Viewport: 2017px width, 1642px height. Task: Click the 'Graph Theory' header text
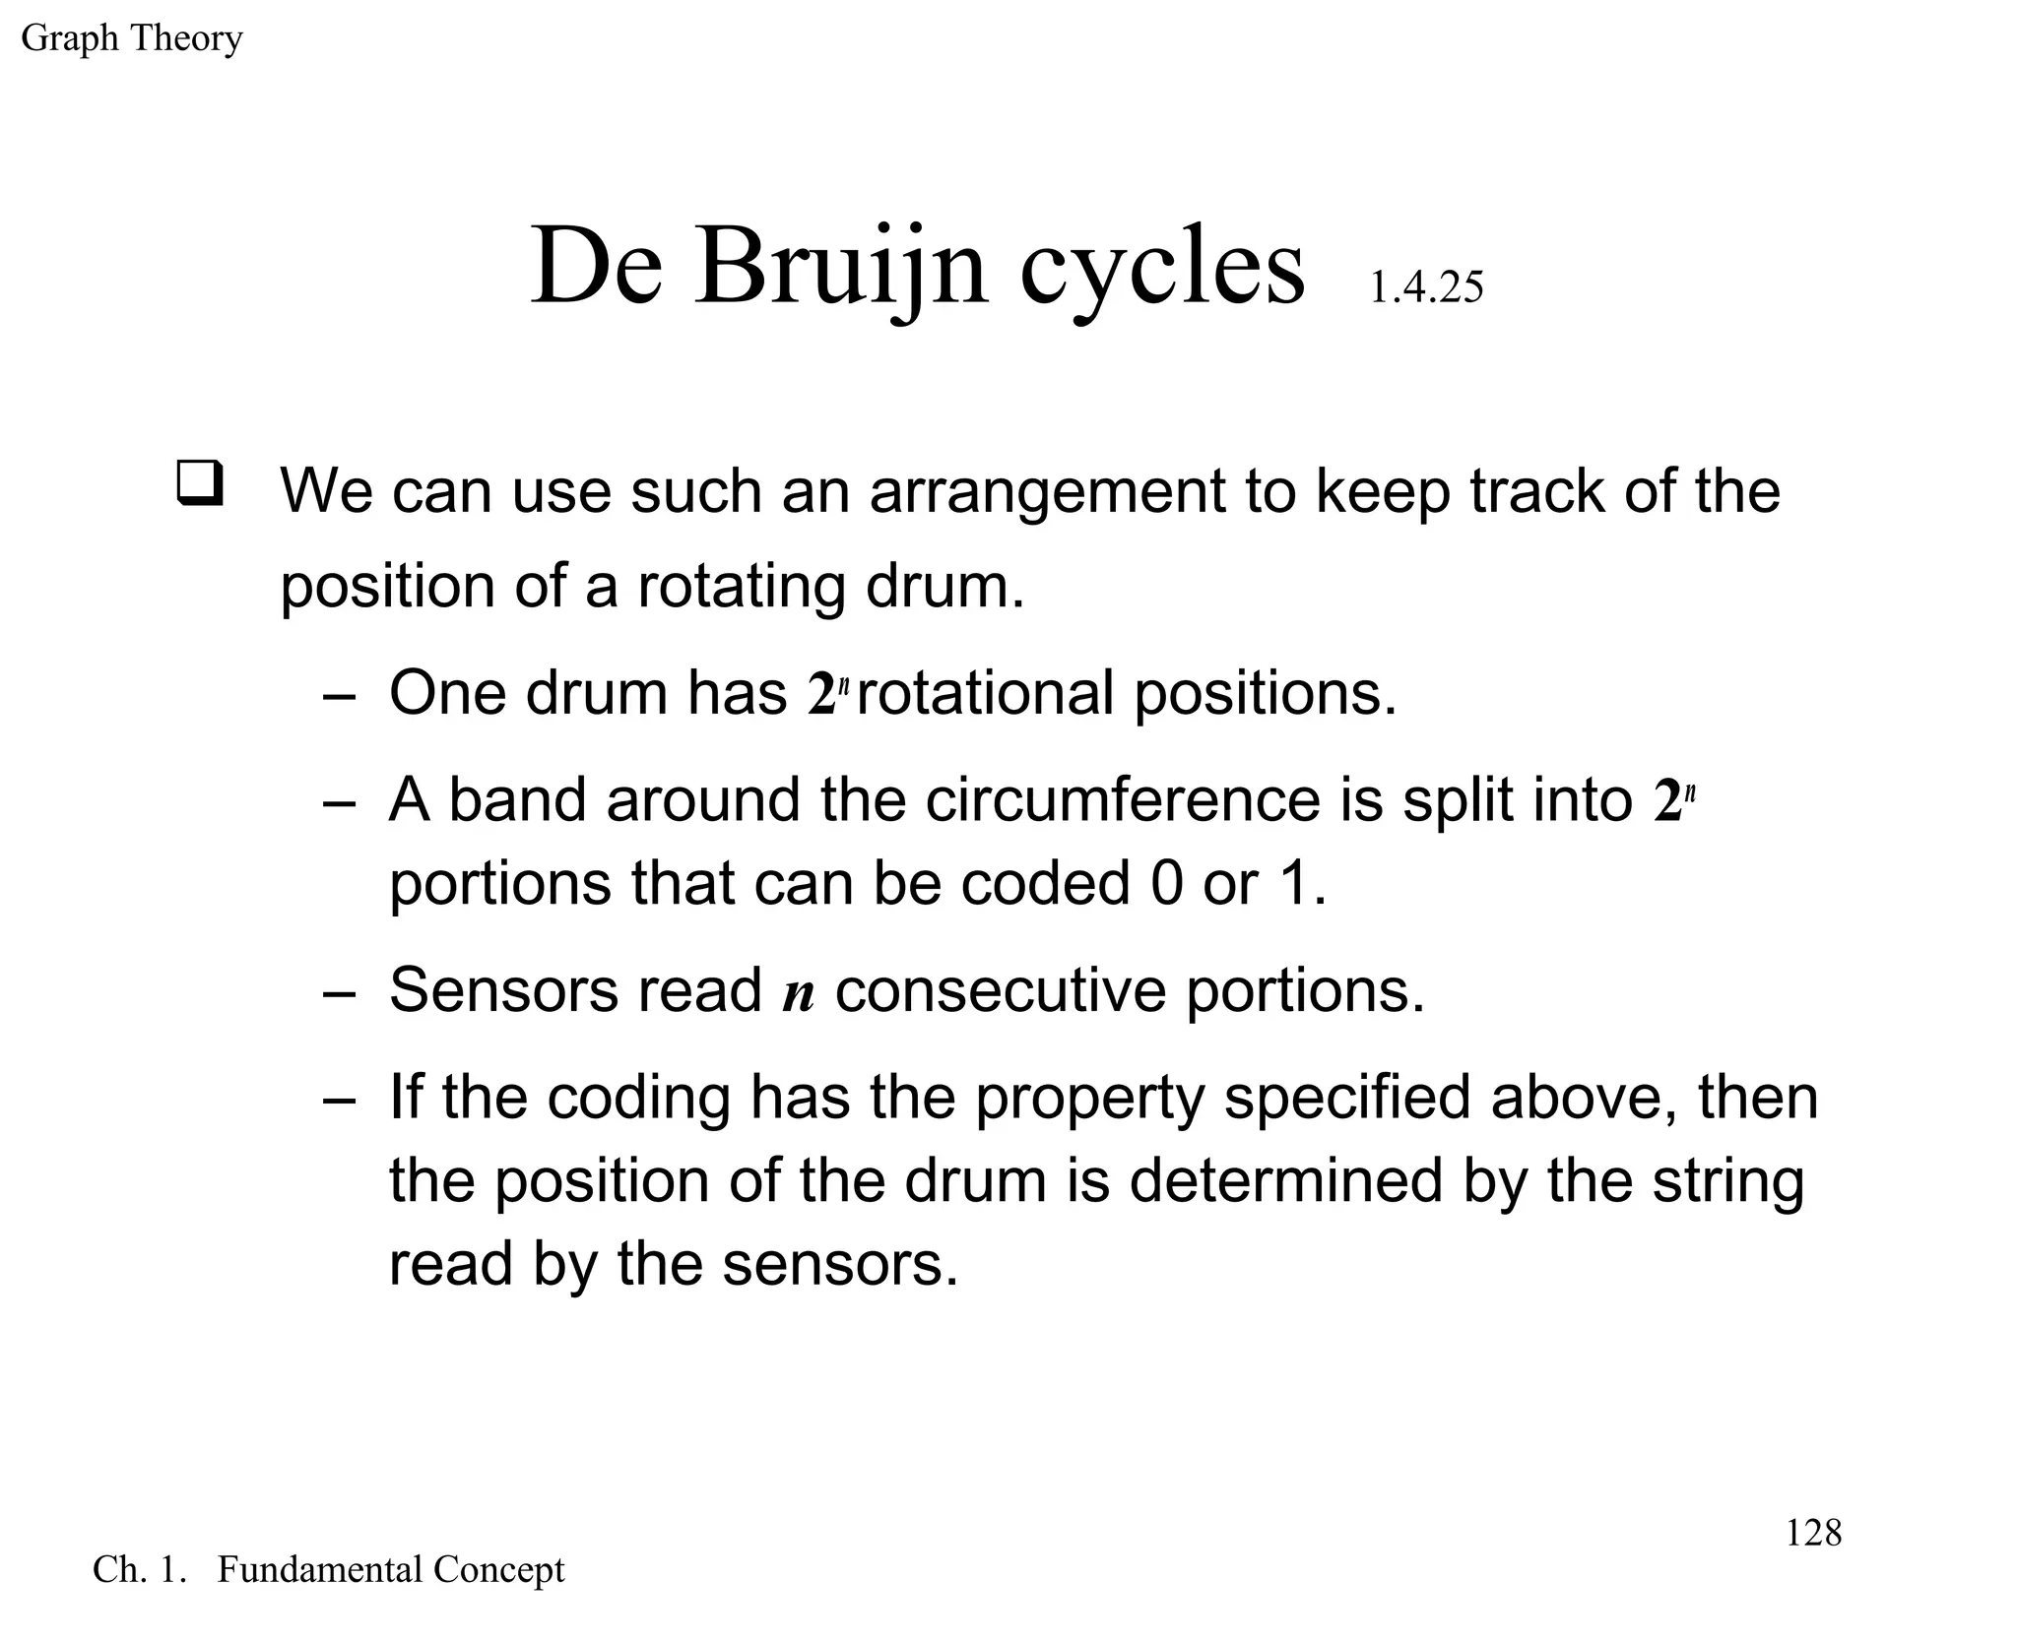point(131,38)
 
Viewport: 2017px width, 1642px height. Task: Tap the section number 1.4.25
point(1425,287)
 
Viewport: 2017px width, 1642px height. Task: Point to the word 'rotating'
point(741,586)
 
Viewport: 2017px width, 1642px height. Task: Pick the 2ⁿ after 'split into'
point(1673,799)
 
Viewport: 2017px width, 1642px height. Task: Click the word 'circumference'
point(1122,799)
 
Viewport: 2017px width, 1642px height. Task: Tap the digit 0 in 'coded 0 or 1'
point(1166,883)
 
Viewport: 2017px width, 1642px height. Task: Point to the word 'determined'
point(1284,1181)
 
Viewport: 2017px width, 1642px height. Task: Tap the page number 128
point(1812,1533)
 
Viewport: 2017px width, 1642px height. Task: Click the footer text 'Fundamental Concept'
point(390,1570)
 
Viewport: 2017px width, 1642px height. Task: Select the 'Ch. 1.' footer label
point(139,1570)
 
